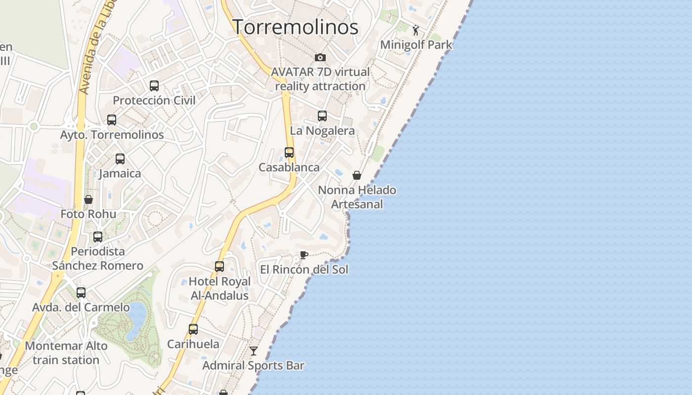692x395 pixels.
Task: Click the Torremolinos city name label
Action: (x=295, y=27)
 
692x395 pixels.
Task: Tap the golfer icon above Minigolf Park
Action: (x=416, y=30)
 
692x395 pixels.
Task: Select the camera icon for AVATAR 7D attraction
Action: (x=320, y=58)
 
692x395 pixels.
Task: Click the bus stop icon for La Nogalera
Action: (x=322, y=116)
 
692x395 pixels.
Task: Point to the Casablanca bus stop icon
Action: (x=289, y=153)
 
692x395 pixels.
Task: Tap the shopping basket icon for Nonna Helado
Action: (x=357, y=175)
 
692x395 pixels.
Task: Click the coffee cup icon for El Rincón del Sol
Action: (x=304, y=255)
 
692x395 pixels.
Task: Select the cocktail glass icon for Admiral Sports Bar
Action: (x=254, y=351)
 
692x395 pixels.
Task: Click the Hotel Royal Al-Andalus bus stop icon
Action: (x=219, y=267)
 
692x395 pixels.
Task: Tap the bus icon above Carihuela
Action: (x=193, y=329)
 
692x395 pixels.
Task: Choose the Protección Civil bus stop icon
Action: (x=154, y=86)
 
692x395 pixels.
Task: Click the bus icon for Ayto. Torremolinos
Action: (x=112, y=120)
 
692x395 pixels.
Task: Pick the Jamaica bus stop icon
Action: (x=120, y=159)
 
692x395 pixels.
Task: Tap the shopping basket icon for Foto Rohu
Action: (x=88, y=199)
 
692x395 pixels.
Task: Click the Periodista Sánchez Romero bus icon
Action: (x=98, y=237)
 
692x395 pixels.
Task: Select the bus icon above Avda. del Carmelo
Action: (x=81, y=293)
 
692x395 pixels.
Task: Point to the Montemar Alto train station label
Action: (x=66, y=353)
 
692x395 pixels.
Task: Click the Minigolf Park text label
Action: (x=416, y=45)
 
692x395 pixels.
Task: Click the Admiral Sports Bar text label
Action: (x=253, y=366)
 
